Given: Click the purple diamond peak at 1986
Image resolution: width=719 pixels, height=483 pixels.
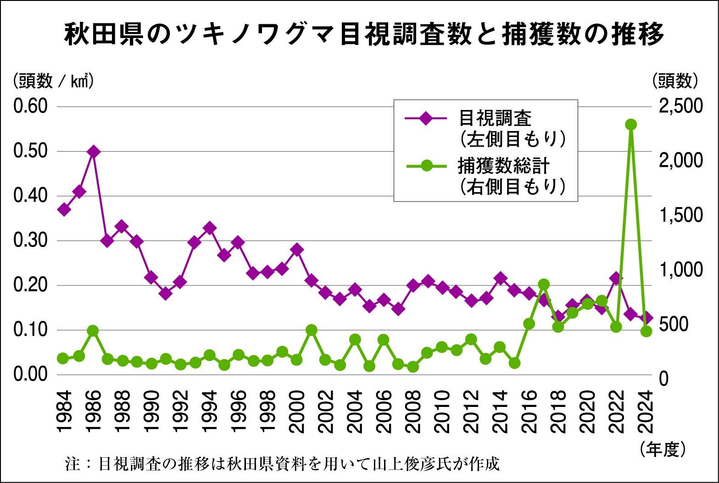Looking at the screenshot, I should pyautogui.click(x=93, y=151).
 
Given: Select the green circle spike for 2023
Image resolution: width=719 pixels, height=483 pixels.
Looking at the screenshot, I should pyautogui.click(x=630, y=125).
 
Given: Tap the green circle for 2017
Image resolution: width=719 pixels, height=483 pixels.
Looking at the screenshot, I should pyautogui.click(x=544, y=285).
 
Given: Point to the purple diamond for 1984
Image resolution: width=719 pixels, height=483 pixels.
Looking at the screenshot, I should pyautogui.click(x=64, y=209).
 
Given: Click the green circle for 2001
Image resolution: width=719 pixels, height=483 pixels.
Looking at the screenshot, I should pyautogui.click(x=311, y=330).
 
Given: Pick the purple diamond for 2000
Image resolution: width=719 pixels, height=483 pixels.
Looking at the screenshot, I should pyautogui.click(x=296, y=250).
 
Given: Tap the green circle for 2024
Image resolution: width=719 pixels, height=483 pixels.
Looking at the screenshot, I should pyautogui.click(x=646, y=331).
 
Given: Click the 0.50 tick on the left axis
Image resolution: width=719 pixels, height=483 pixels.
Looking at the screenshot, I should pyautogui.click(x=30, y=151).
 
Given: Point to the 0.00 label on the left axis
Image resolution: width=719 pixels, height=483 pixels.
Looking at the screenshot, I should pyautogui.click(x=30, y=374).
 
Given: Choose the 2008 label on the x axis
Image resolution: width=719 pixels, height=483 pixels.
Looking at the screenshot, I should pyautogui.click(x=412, y=412).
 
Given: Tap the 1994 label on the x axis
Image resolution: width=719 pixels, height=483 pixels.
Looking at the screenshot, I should pyautogui.click(x=209, y=412).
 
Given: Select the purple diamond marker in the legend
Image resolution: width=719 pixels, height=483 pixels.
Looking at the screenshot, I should pyautogui.click(x=426, y=118).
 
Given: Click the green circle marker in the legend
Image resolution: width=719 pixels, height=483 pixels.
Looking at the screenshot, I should pyautogui.click(x=426, y=165).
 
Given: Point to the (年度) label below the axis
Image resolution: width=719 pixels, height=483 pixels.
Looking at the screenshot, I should pyautogui.click(x=663, y=449).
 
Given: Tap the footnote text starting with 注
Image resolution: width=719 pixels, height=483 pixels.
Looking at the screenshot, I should pyautogui.click(x=282, y=464).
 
